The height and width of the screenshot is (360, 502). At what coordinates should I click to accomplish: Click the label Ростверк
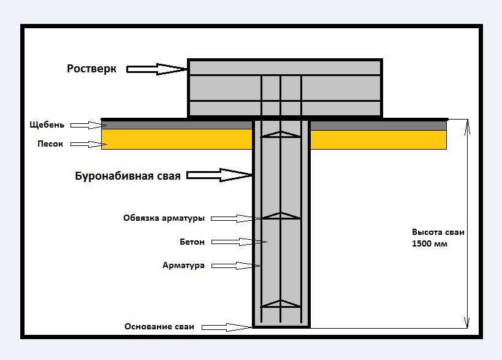click(x=91, y=69)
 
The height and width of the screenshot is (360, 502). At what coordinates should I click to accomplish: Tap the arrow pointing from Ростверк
click(x=157, y=69)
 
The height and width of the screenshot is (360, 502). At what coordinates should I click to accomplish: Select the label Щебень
click(x=47, y=125)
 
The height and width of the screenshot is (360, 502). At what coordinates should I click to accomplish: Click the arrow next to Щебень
click(x=85, y=125)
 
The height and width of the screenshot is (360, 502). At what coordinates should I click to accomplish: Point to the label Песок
click(x=50, y=145)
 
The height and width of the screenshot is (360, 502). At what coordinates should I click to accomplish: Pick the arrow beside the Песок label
click(x=85, y=145)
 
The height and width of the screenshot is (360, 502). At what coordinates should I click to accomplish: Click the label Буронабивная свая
click(x=127, y=177)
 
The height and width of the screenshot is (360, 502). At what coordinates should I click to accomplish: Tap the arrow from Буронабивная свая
click(x=219, y=175)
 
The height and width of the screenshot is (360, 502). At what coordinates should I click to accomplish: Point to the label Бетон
click(x=192, y=242)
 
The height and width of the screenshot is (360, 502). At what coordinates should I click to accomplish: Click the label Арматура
click(x=183, y=266)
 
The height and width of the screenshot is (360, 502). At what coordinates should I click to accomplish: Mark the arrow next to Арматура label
click(x=235, y=266)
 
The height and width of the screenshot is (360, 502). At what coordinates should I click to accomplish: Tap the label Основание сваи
click(x=159, y=327)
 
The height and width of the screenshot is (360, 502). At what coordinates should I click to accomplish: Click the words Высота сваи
click(x=438, y=233)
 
